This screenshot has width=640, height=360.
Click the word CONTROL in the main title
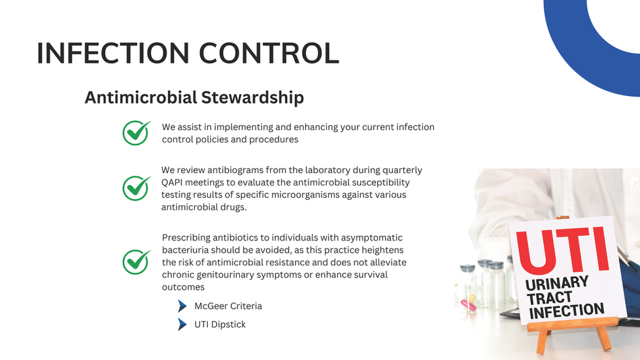(269, 53)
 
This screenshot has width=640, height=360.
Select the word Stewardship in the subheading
(252, 97)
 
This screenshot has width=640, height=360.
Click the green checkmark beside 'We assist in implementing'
(137, 133)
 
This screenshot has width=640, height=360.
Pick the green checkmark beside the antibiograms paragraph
(137, 188)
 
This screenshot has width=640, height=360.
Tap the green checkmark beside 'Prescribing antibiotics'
(137, 262)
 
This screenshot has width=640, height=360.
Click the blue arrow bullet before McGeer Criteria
(182, 306)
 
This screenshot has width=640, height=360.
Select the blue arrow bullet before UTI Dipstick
(182, 325)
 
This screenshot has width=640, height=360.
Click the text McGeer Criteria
(228, 306)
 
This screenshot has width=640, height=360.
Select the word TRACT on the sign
(549, 299)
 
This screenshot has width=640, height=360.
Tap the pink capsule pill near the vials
(468, 304)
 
